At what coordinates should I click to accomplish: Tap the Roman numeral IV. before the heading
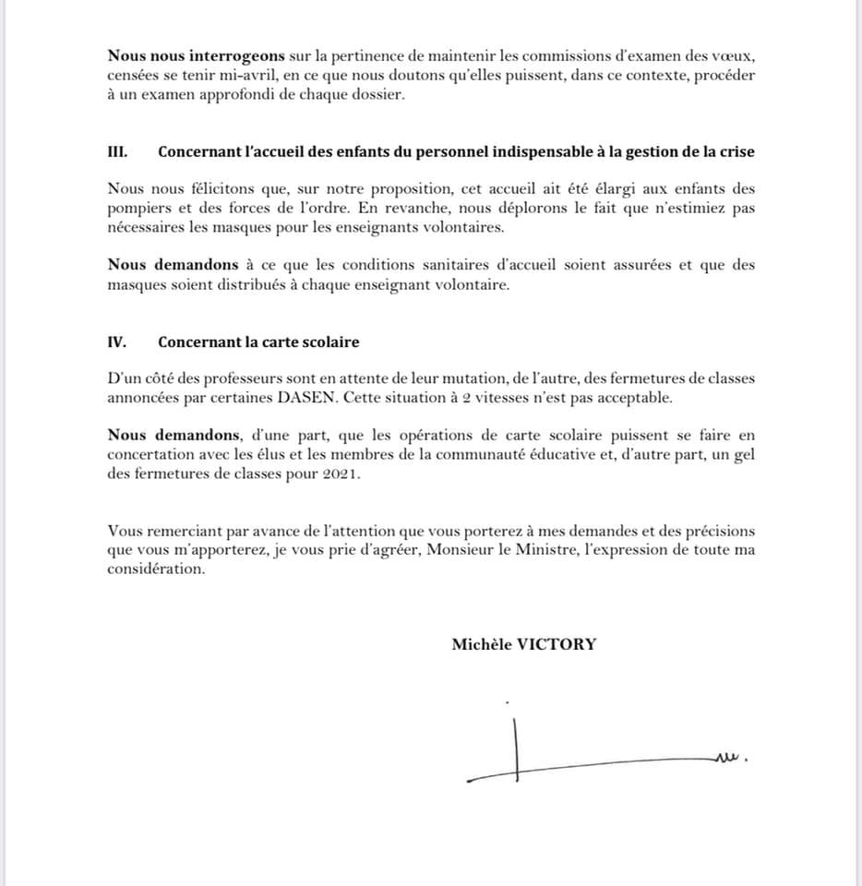point(116,341)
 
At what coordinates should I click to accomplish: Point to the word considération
point(155,569)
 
